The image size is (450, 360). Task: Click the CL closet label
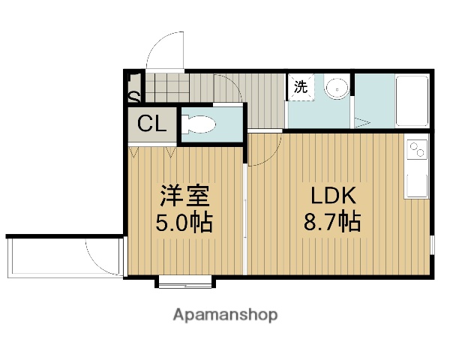click(x=151, y=124)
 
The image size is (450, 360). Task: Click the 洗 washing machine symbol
click(x=300, y=87)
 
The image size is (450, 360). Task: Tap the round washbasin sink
click(x=337, y=88)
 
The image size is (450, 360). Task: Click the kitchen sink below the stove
click(x=416, y=180)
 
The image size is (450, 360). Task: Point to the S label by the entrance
click(x=133, y=97)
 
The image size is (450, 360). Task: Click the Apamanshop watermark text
click(x=225, y=315)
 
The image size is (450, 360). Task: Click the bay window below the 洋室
click(x=185, y=282)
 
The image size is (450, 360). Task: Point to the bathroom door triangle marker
click(x=361, y=122)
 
